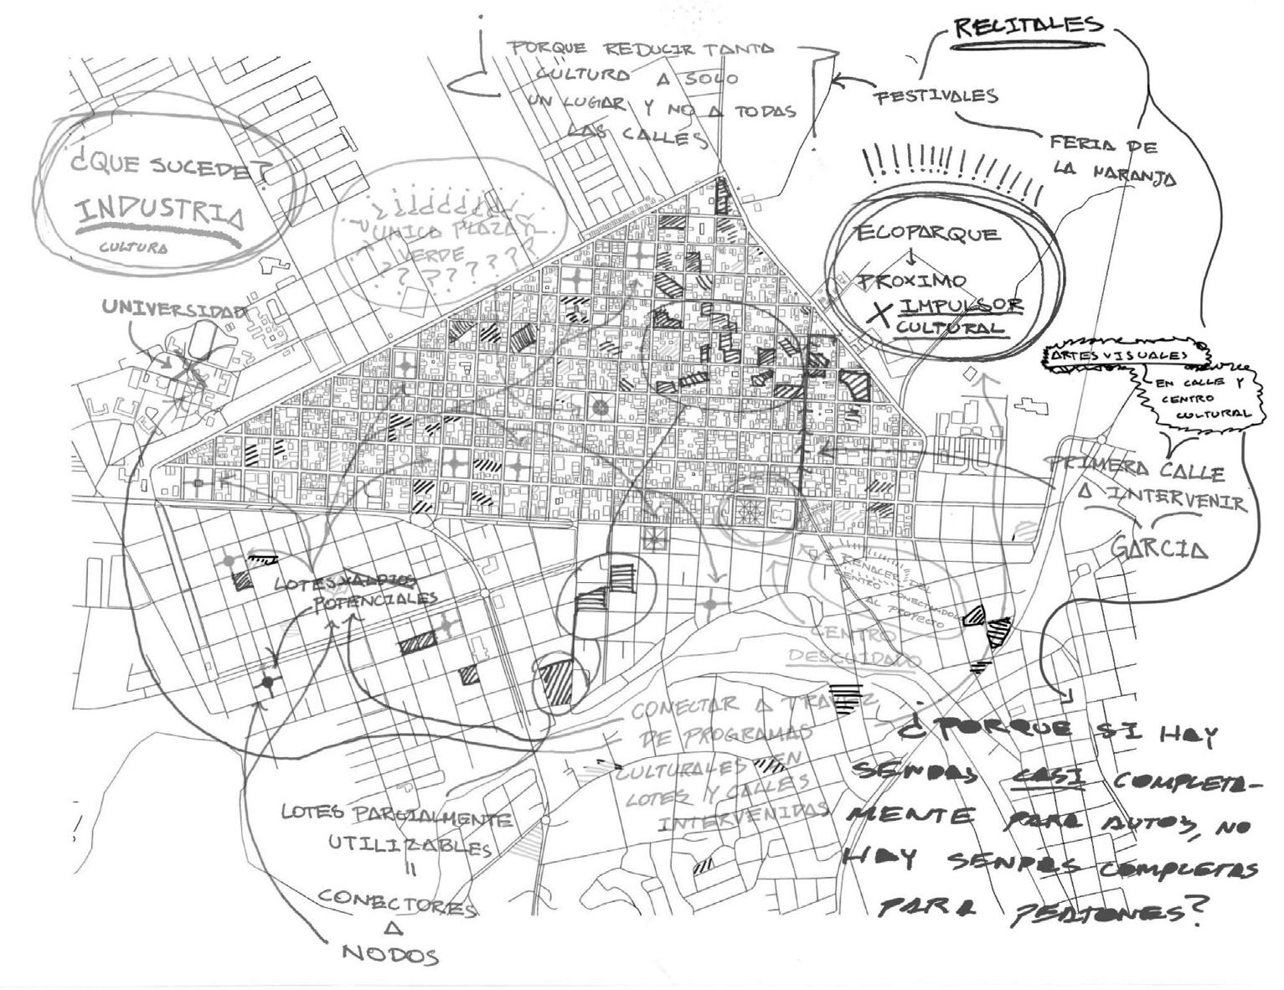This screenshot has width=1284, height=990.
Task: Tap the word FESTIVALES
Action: click(x=936, y=95)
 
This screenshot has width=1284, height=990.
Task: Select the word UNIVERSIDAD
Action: click(x=174, y=308)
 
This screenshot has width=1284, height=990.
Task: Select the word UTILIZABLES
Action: click(x=409, y=845)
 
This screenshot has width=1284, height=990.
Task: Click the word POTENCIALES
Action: click(x=375, y=601)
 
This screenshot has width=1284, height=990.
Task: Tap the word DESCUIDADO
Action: click(x=852, y=659)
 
